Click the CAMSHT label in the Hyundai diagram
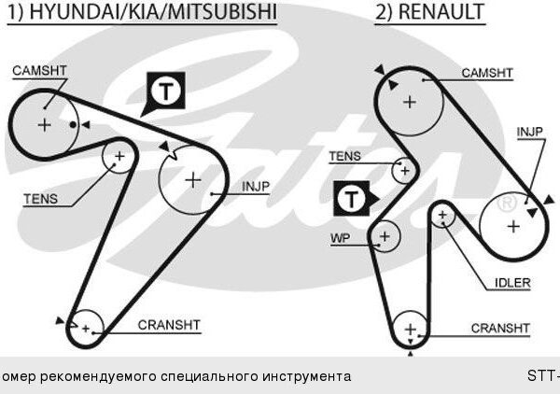click(39, 70)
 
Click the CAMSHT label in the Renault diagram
click(487, 73)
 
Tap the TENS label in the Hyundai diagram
click(41, 199)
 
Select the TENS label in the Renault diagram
click(345, 156)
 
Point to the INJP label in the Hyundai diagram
click(256, 187)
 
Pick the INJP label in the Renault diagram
click(530, 132)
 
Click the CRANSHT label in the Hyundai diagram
click(169, 325)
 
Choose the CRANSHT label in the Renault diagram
click(500, 328)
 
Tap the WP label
click(341, 238)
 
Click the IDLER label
click(512, 283)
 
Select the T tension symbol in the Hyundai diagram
click(166, 91)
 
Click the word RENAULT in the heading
click(441, 11)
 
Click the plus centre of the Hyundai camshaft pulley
click(44, 125)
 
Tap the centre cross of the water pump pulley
click(385, 236)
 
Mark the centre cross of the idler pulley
click(442, 215)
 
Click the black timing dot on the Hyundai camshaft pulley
click(73, 125)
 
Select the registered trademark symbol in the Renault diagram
click(507, 203)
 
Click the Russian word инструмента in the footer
click(303, 376)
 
